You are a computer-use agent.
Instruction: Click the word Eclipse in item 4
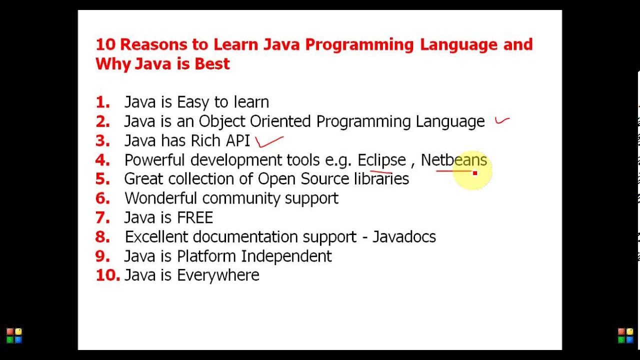pyautogui.click(x=381, y=160)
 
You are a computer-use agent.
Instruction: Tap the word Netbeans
pyautogui.click(x=453, y=160)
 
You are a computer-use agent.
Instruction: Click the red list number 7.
pyautogui.click(x=102, y=218)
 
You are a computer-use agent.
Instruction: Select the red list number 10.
pyautogui.click(x=107, y=275)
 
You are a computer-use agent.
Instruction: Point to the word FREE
pyautogui.click(x=195, y=218)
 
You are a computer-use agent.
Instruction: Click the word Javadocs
pyautogui.click(x=404, y=237)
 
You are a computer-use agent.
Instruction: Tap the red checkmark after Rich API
pyautogui.click(x=268, y=142)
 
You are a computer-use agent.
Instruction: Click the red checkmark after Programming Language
pyautogui.click(x=501, y=120)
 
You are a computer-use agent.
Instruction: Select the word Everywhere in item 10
pyautogui.click(x=218, y=275)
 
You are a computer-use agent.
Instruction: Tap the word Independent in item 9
pyautogui.click(x=286, y=256)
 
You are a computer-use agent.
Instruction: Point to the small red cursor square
pyautogui.click(x=474, y=173)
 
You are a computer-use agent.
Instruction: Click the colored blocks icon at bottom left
pyautogui.click(x=14, y=335)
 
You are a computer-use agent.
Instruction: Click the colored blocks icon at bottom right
pyautogui.click(x=625, y=335)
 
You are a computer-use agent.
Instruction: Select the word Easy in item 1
pyautogui.click(x=193, y=102)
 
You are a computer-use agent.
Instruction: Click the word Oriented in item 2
pyautogui.click(x=280, y=121)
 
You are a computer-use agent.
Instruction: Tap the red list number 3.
pyautogui.click(x=102, y=141)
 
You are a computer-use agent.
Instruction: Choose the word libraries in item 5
pyautogui.click(x=381, y=179)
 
